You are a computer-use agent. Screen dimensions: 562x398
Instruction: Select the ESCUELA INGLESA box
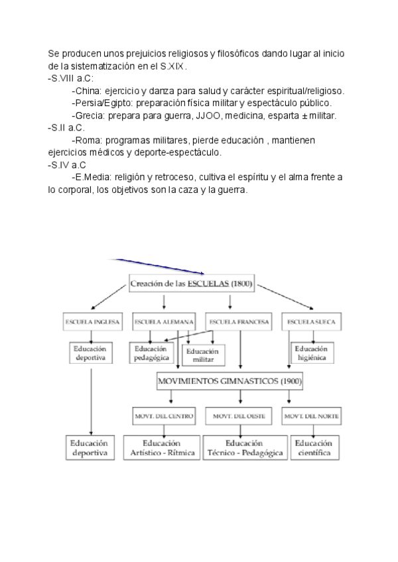pos(92,322)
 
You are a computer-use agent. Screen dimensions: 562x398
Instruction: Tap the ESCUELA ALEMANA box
pos(160,322)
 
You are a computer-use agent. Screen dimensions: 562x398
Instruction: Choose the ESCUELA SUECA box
pos(311,322)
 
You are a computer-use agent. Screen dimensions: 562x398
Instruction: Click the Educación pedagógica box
pos(152,353)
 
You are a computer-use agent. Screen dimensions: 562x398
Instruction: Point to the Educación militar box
pos(204,355)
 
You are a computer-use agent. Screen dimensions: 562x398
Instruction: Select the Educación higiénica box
pos(311,353)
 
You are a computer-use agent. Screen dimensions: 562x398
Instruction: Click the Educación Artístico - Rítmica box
pos(162,448)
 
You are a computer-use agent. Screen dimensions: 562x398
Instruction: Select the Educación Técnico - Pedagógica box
pos(243,448)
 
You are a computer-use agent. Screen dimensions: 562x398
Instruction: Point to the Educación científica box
pos(314,448)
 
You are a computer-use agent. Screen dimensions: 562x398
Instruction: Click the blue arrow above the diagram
pos(159,264)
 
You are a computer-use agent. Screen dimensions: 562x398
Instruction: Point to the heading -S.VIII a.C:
pos(71,79)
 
